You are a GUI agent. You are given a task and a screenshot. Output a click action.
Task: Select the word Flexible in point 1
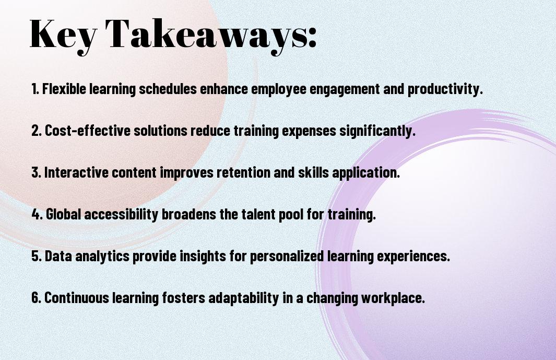tap(64, 89)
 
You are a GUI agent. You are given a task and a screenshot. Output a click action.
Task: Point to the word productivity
tap(445, 89)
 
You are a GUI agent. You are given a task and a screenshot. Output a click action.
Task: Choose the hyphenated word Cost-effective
tap(88, 131)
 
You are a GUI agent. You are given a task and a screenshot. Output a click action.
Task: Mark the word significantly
tap(377, 131)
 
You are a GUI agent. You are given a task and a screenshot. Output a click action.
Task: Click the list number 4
tap(36, 214)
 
